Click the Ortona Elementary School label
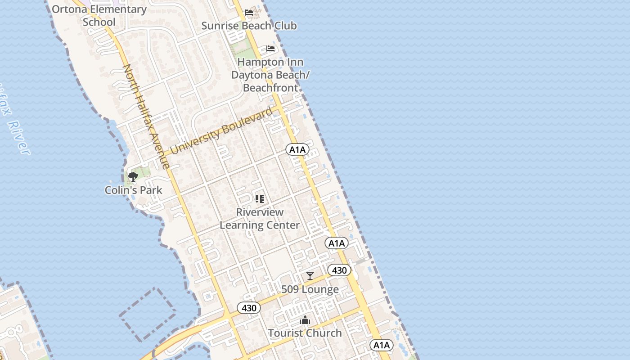coord(99,16)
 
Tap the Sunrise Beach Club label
coord(249,26)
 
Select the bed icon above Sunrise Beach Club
coord(249,13)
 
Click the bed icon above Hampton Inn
coord(270,49)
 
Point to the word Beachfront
coord(270,87)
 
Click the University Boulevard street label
coord(221,130)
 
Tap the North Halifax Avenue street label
coord(146,116)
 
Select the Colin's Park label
coord(133,190)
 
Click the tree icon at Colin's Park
coord(133,176)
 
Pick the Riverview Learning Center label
coord(260,218)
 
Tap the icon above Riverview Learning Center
coord(260,198)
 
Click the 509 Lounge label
coord(310,289)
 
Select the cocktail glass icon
coord(310,275)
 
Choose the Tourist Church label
coord(305,333)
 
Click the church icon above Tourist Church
coord(305,320)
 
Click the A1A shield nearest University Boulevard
coord(297,150)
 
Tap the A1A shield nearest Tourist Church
coord(382,345)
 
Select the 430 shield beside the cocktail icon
coord(339,270)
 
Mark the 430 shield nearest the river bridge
coord(249,308)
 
